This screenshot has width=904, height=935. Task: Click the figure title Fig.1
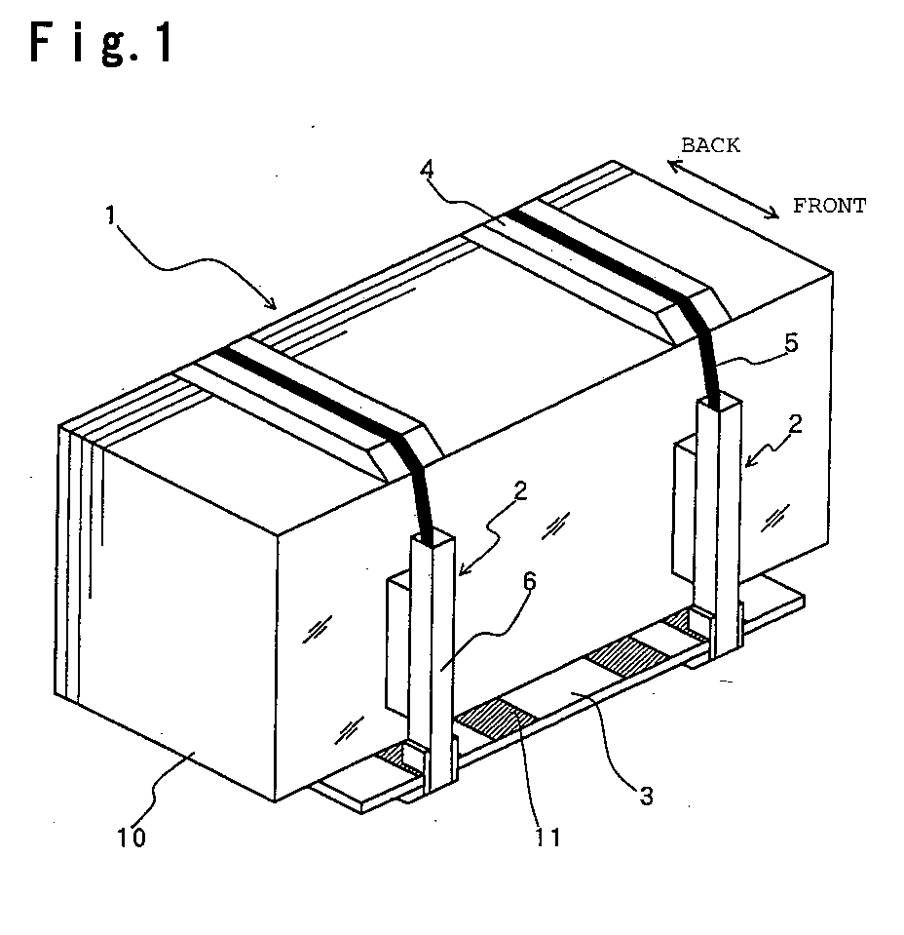(101, 42)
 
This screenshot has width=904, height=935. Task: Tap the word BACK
(710, 145)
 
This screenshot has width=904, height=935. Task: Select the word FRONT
(829, 206)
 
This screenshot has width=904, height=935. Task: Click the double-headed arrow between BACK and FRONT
(723, 189)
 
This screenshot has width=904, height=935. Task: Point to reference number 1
(110, 215)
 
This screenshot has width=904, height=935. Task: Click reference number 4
(427, 170)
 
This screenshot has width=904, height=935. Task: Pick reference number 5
(791, 343)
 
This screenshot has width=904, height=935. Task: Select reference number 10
(132, 838)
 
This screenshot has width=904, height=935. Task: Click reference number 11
(548, 838)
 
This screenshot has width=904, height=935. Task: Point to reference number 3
(647, 796)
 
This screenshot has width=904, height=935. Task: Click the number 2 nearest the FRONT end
(795, 424)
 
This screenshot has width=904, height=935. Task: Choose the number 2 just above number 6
(520, 490)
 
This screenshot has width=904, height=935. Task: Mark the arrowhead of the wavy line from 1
(272, 304)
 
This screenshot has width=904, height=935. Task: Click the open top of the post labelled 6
(433, 540)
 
